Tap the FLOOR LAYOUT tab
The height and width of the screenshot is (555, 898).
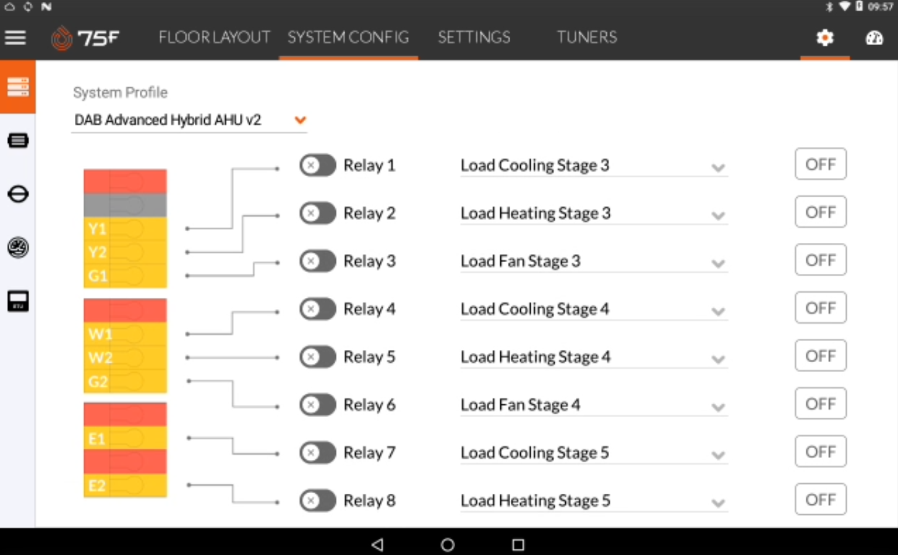click(x=214, y=37)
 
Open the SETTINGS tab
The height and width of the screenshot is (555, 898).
click(x=474, y=37)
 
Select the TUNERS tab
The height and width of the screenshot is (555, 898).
click(x=587, y=37)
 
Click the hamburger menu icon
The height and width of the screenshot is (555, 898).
click(x=15, y=38)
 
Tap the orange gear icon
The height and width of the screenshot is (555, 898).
click(x=825, y=38)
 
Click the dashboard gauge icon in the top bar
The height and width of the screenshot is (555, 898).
click(x=874, y=38)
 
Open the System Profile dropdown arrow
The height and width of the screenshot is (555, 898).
click(x=301, y=120)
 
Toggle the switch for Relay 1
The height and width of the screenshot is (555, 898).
click(x=317, y=165)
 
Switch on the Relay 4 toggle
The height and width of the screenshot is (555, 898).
click(x=317, y=309)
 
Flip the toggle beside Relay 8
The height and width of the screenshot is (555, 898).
click(x=317, y=501)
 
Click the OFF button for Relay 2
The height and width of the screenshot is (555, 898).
click(x=821, y=212)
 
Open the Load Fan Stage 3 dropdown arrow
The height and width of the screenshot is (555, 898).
click(x=718, y=263)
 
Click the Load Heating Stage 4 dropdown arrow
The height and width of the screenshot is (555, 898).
click(x=718, y=359)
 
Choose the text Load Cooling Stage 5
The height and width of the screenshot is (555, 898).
click(x=535, y=453)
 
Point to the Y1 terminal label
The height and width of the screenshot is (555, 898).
click(x=98, y=229)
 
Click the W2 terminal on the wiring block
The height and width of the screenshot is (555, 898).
click(x=100, y=357)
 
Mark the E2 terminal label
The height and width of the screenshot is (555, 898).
click(x=97, y=486)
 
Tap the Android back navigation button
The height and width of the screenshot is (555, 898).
click(x=378, y=544)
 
